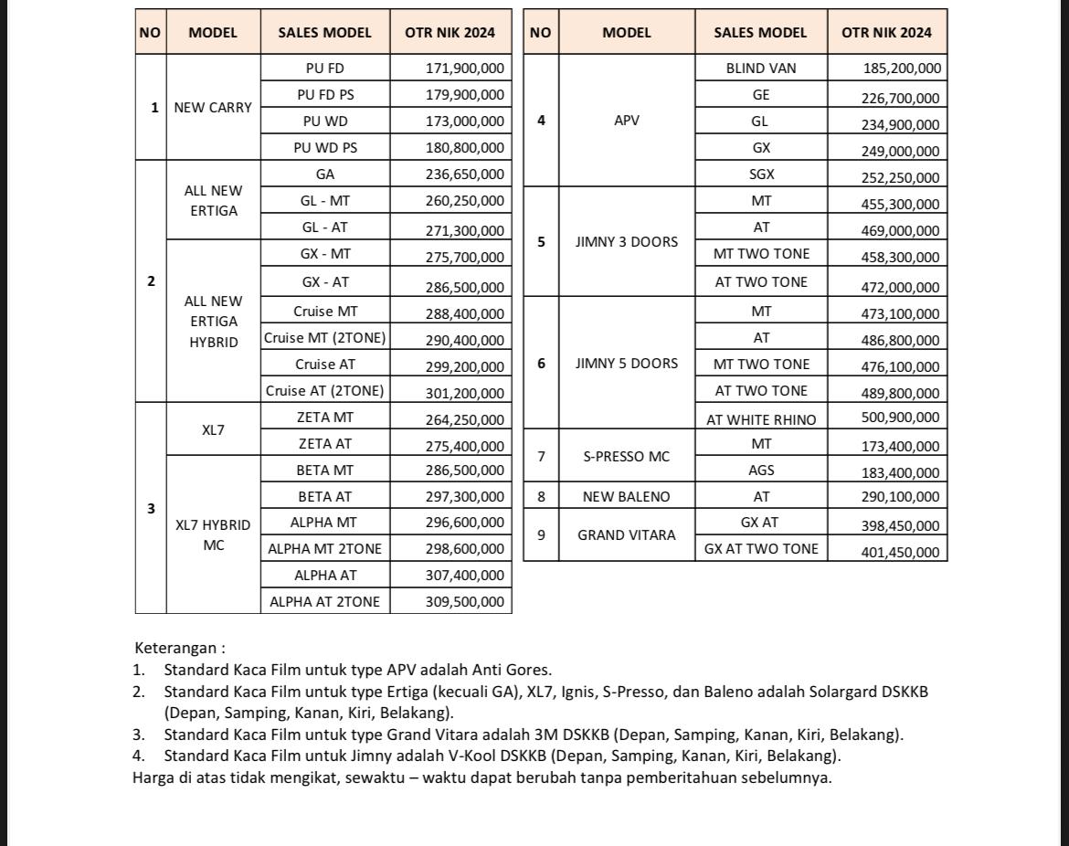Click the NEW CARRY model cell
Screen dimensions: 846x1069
(x=213, y=107)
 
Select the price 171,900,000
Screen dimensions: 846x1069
(x=464, y=68)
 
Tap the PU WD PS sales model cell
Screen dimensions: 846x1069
(x=324, y=147)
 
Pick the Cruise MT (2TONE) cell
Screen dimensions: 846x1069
(x=324, y=338)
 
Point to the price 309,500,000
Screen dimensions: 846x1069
(x=464, y=601)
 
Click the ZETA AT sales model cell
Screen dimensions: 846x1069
(x=324, y=444)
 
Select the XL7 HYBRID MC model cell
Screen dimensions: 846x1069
(x=213, y=535)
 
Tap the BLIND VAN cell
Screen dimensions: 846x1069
(x=761, y=68)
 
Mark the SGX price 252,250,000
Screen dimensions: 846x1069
(x=901, y=178)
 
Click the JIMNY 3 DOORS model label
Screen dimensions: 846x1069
(x=627, y=242)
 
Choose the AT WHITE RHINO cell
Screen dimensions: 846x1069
(x=761, y=419)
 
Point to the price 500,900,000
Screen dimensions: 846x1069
(x=901, y=418)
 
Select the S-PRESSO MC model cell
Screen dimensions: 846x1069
(x=627, y=457)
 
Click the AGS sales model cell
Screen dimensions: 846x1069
(x=761, y=471)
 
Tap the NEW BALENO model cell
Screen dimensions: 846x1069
(x=627, y=497)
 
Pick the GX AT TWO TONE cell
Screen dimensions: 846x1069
(x=761, y=548)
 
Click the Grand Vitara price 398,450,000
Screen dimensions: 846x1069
(x=901, y=525)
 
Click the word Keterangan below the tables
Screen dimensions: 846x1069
(x=175, y=648)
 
